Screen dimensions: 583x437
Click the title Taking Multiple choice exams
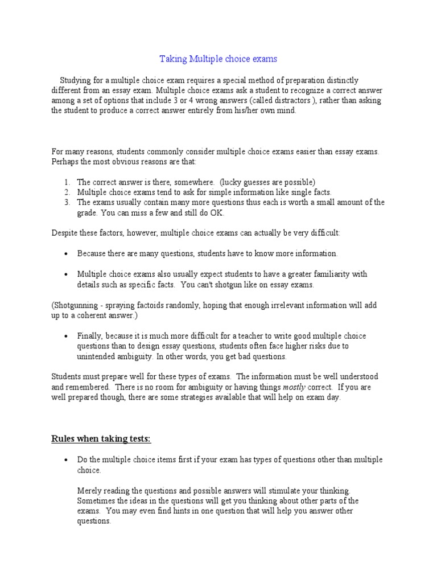click(218, 59)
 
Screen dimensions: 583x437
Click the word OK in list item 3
click(218, 213)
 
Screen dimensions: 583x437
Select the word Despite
click(65, 233)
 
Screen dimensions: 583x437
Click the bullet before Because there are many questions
click(67, 254)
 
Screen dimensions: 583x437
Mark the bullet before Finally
click(67, 336)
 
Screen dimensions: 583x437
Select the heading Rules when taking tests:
click(101, 438)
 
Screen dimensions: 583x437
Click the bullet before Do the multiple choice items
click(67, 460)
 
